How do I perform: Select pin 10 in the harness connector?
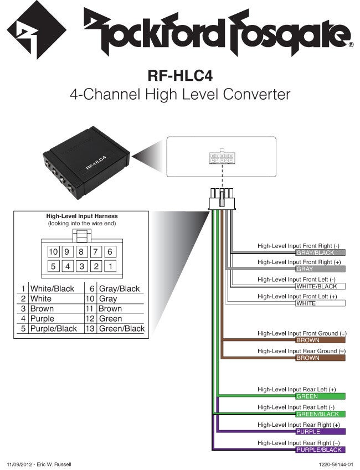(x=53, y=251)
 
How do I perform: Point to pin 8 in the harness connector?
(x=81, y=251)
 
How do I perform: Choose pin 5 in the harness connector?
(x=53, y=266)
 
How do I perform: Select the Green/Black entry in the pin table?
(x=121, y=328)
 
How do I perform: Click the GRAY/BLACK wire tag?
(x=320, y=252)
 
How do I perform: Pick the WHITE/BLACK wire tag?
(x=320, y=286)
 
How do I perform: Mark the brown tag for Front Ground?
(x=320, y=340)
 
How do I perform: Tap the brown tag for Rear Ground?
(x=320, y=358)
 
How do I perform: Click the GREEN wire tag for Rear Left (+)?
(x=320, y=396)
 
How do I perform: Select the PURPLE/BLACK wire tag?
(x=320, y=450)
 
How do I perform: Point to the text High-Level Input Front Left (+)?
(x=297, y=297)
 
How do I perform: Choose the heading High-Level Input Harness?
(x=81, y=216)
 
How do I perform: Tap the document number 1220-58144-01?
(x=336, y=464)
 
